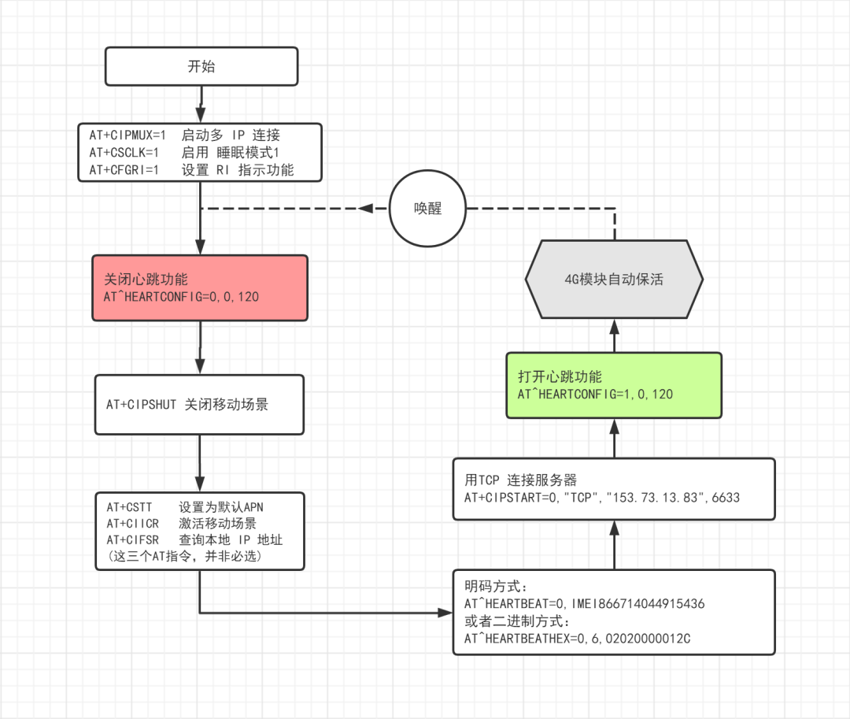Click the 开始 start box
[201, 66]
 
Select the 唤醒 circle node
[428, 209]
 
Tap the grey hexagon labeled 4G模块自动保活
[613, 279]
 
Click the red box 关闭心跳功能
[199, 287]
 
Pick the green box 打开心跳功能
[613, 384]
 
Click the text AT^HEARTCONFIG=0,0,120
[182, 297]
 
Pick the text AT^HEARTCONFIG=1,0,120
[595, 394]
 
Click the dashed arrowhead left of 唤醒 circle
[366, 209]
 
